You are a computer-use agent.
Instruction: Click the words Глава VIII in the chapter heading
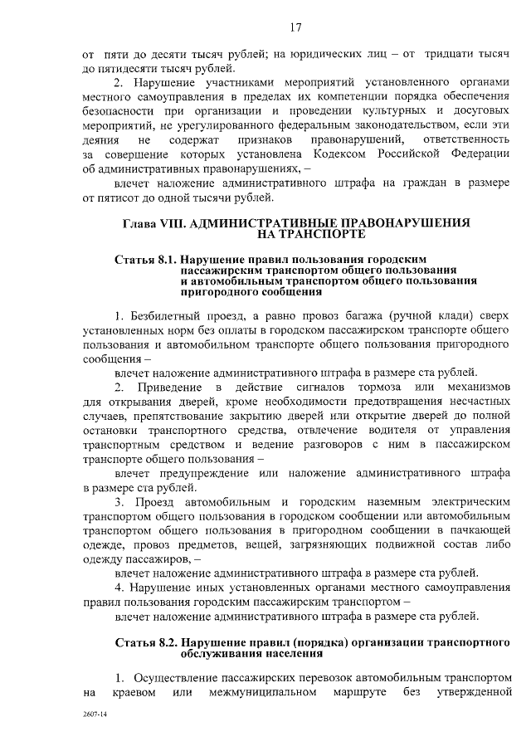[150, 223]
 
